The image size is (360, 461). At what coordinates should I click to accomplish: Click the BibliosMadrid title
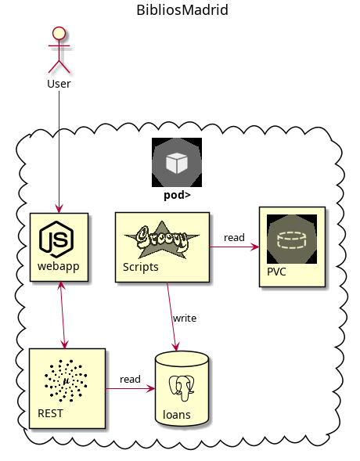[182, 10]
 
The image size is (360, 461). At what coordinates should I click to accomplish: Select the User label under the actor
[59, 84]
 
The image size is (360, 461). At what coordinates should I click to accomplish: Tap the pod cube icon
[176, 163]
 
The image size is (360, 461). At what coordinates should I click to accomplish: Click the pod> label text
[177, 196]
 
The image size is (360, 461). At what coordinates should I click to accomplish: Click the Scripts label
[141, 267]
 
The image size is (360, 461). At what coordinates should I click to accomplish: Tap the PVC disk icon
[291, 240]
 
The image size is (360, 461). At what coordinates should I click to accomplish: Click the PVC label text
[277, 272]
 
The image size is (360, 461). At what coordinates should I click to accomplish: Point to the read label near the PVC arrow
[234, 237]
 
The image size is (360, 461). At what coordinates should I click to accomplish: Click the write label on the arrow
[185, 318]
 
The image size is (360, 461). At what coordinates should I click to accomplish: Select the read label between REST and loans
[130, 379]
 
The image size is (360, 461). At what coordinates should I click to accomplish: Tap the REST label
[51, 412]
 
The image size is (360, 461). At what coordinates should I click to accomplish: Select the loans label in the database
[176, 415]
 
